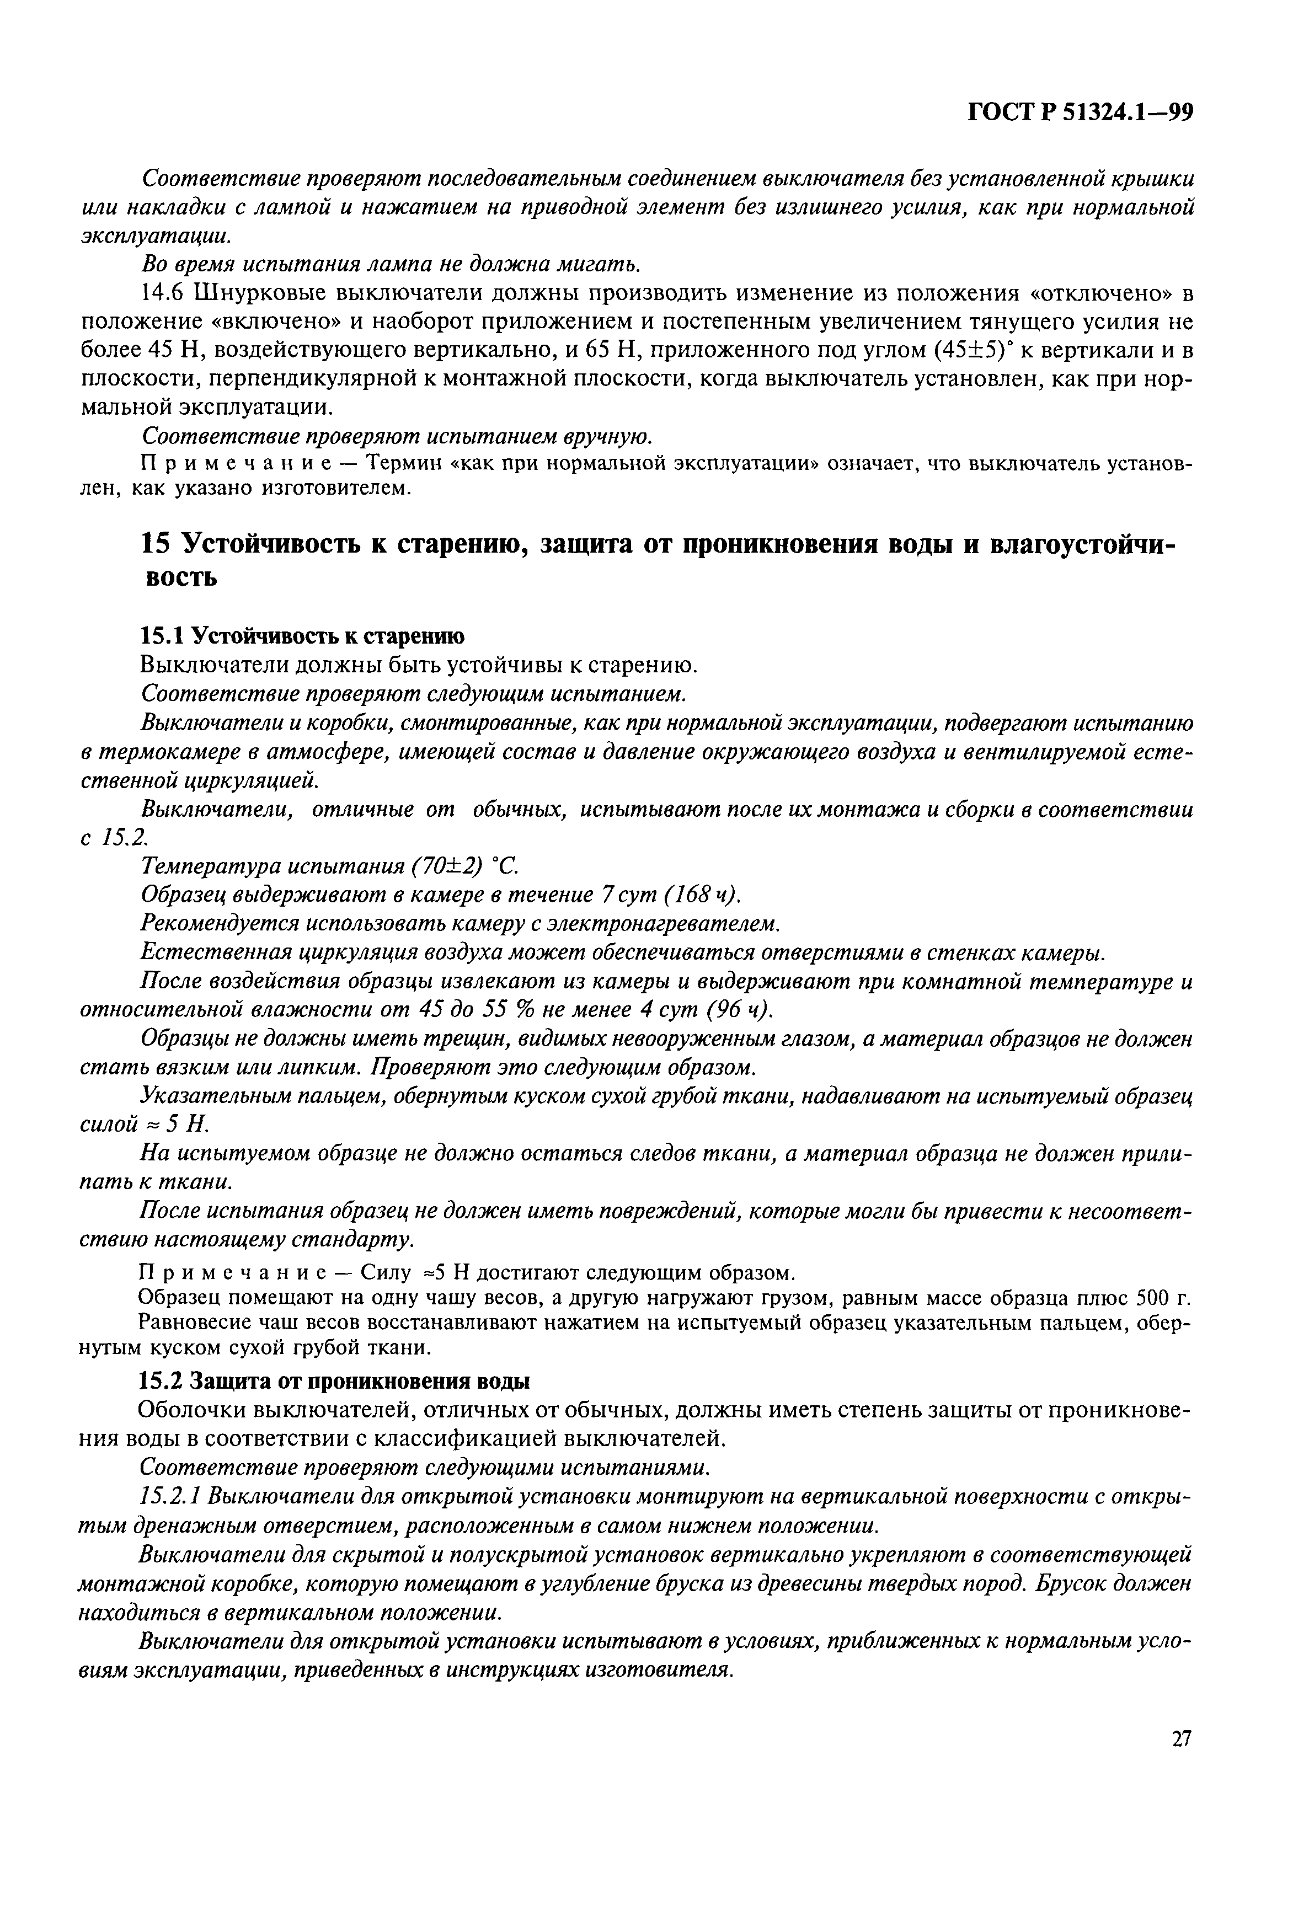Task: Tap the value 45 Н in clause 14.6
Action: (167, 350)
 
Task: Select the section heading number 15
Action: (154, 545)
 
